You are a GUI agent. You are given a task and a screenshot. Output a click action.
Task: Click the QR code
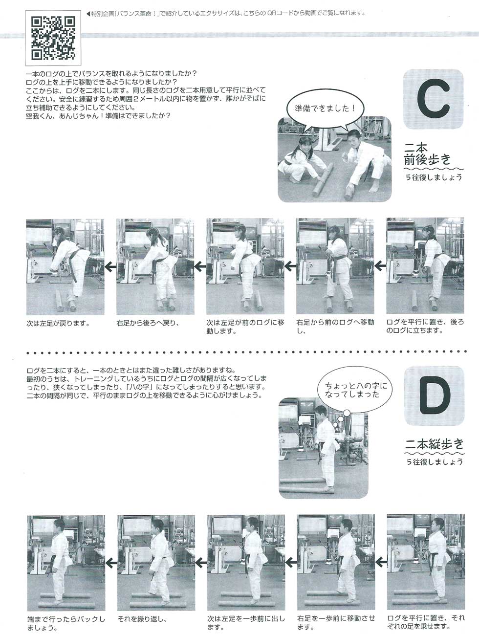tap(53, 38)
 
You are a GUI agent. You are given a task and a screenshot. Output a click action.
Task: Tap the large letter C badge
tap(433, 99)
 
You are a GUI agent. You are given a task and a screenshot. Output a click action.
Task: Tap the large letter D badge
tap(435, 396)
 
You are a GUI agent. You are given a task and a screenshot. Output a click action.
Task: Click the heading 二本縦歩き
tap(435, 443)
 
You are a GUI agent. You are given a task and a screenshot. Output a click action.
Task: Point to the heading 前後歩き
tap(428, 159)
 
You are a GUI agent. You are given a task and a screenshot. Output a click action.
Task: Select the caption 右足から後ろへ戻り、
tap(148, 323)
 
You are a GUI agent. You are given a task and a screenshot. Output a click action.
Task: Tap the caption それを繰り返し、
tap(142, 619)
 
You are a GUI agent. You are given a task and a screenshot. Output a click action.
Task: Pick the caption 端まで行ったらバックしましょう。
tap(66, 623)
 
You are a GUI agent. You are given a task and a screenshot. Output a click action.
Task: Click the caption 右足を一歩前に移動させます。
tap(336, 623)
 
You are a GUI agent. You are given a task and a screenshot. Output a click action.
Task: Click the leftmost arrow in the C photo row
tap(110, 267)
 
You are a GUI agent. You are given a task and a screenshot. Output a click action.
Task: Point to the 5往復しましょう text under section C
tap(434, 177)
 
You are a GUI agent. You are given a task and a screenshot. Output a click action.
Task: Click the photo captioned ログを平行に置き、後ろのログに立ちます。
tap(425, 266)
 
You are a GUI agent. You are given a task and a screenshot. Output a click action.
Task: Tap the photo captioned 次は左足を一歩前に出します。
tap(246, 562)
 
